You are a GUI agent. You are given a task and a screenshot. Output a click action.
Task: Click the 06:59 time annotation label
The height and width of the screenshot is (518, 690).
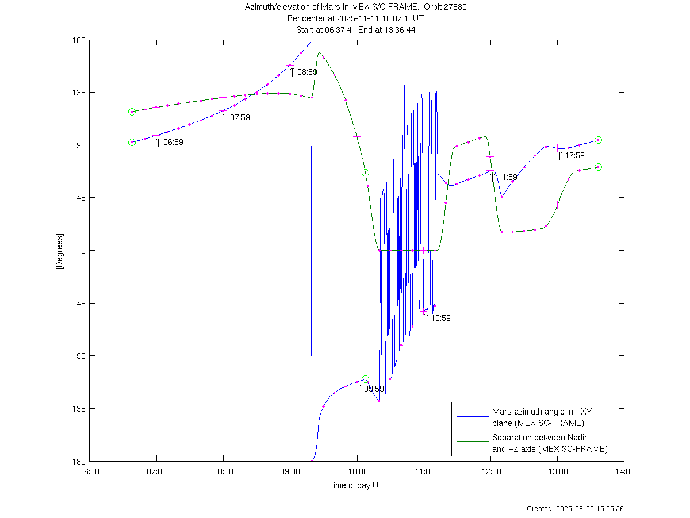(x=173, y=142)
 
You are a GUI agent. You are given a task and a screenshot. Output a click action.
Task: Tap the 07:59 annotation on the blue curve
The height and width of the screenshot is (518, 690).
(x=240, y=118)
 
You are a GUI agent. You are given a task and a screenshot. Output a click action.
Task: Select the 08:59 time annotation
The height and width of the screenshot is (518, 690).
(x=307, y=72)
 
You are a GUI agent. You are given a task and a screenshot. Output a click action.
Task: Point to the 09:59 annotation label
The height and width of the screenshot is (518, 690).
(x=374, y=389)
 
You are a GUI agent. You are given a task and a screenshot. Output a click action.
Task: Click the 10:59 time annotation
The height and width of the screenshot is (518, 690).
(x=440, y=318)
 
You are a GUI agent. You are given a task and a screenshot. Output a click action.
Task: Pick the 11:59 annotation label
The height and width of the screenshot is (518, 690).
(x=507, y=177)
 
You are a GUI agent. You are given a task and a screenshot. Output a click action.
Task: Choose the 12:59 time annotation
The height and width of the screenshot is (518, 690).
(x=574, y=155)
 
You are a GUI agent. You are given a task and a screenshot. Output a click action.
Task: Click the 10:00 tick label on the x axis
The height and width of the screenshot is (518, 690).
(x=357, y=472)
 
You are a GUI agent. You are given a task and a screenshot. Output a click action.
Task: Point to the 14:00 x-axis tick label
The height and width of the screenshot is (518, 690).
(x=624, y=472)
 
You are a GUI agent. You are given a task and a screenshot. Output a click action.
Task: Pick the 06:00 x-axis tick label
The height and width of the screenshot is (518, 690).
(x=89, y=472)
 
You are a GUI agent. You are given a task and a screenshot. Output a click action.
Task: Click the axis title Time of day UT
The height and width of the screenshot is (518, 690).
(x=356, y=485)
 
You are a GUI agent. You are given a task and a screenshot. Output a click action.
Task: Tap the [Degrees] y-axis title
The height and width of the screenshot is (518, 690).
(x=60, y=251)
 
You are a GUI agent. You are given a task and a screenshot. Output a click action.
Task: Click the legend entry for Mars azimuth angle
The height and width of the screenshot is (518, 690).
(x=538, y=417)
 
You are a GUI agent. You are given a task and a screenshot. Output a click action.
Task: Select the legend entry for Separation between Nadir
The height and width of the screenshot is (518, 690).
(x=549, y=443)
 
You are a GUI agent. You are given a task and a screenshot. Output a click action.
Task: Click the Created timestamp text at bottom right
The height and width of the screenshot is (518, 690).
(x=575, y=509)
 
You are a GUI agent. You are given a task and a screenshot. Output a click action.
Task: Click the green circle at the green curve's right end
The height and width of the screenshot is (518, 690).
(x=598, y=167)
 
